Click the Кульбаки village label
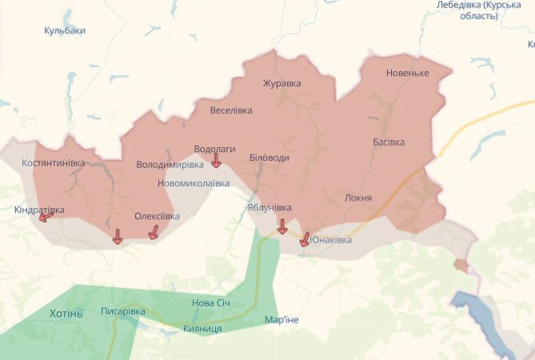point(65,30)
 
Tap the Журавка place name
point(281,82)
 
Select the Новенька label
point(408,73)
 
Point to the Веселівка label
point(231,110)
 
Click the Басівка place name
point(389,142)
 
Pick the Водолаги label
point(215,149)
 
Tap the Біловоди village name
point(269,158)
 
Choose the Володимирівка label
point(170,165)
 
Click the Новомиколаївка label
point(194,183)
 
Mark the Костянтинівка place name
point(54,163)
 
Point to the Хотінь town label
point(66,313)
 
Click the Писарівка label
point(123,310)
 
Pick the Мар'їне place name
point(281,320)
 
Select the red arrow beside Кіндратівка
point(46,216)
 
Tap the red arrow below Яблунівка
point(281,227)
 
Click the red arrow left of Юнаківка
point(304,238)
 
